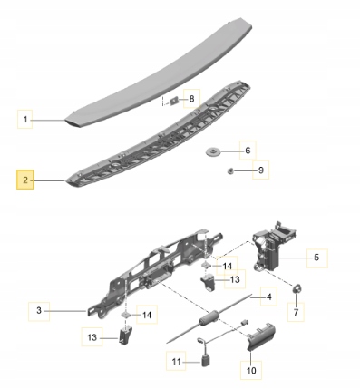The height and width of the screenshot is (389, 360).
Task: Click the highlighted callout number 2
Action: pyautogui.click(x=25, y=180)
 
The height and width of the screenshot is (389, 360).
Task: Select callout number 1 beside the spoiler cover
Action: pyautogui.click(x=25, y=120)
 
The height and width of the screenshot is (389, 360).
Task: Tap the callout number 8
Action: pyautogui.click(x=191, y=99)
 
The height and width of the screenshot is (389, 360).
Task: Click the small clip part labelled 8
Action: pyautogui.click(x=174, y=101)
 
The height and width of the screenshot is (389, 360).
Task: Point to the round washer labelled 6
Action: pyautogui.click(x=213, y=151)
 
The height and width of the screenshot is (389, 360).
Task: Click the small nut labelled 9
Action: pyautogui.click(x=230, y=171)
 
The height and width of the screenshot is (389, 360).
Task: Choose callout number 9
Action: pyautogui.click(x=260, y=170)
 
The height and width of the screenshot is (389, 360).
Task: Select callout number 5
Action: pyautogui.click(x=316, y=258)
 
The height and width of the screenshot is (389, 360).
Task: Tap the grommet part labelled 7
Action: pyautogui.click(x=296, y=288)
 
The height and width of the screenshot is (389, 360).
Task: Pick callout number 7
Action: pyautogui.click(x=296, y=312)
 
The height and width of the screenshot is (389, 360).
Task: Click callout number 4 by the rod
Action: pyautogui.click(x=268, y=297)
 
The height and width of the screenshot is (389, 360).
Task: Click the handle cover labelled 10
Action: pyautogui.click(x=260, y=335)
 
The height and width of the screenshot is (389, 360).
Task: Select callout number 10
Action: pyautogui.click(x=251, y=370)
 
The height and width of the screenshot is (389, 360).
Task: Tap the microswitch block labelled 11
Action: pyautogui.click(x=206, y=361)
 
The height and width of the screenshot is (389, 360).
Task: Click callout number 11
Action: pyautogui.click(x=176, y=361)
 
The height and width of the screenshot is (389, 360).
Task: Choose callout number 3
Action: pyautogui.click(x=39, y=311)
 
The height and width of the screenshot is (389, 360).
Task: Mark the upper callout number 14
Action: pyautogui.click(x=228, y=266)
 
